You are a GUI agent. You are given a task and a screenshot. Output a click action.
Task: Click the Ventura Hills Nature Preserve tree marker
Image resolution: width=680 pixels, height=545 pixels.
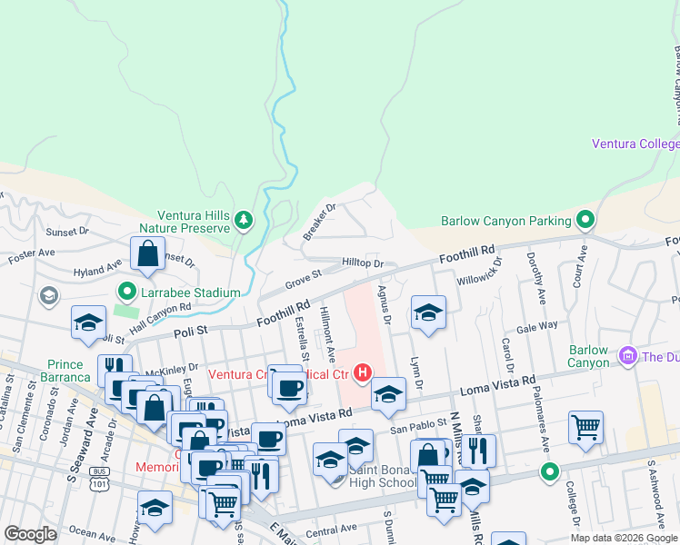[x=243, y=220]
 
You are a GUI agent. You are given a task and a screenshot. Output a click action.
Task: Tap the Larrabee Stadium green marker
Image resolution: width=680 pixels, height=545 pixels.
[x=126, y=292]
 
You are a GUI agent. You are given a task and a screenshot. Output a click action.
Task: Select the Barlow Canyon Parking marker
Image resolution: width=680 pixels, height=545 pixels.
[x=586, y=220]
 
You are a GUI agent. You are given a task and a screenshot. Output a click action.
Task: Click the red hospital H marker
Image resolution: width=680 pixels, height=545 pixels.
[x=364, y=372]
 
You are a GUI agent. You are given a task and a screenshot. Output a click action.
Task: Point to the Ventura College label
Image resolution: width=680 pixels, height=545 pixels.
[x=635, y=144]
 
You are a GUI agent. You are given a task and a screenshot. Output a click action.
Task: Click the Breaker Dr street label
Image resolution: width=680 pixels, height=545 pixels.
[x=319, y=221]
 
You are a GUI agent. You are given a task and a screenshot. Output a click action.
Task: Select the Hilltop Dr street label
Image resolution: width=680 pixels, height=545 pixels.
[x=363, y=263]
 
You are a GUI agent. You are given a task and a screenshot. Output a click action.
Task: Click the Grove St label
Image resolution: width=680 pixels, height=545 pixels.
[x=305, y=273]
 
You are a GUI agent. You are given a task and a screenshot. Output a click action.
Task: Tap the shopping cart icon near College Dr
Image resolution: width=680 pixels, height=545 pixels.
[x=586, y=427]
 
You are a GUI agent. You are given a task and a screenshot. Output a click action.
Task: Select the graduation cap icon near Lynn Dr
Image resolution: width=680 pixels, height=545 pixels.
[x=428, y=313]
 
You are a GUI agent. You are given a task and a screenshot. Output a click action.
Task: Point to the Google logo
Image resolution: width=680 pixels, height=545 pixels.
[x=30, y=534]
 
